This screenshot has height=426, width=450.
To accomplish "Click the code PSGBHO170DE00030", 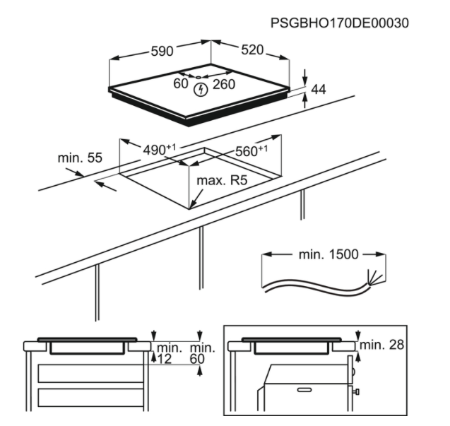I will pos(340,23).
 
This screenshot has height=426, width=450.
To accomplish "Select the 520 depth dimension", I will pos(251,50).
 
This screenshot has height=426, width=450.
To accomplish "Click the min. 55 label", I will pos(80,158).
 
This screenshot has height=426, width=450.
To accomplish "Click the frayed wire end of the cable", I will pos(376,276).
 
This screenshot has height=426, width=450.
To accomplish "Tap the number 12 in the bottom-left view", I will pos(165,360).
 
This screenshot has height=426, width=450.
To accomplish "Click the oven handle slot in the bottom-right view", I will pos(304,389).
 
